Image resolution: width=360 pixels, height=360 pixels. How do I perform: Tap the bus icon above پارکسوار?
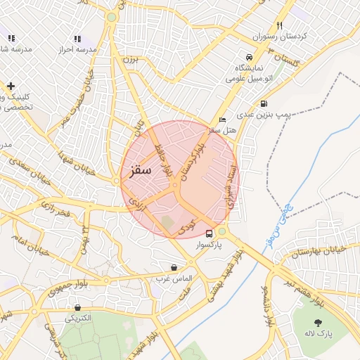point(209,233)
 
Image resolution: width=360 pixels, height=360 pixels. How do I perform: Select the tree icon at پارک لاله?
point(319,323)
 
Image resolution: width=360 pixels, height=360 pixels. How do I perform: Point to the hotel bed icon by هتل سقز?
point(223,120)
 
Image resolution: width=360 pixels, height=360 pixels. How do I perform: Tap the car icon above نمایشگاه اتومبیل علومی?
point(249,57)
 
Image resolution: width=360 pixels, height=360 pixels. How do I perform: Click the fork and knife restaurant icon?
point(279,26)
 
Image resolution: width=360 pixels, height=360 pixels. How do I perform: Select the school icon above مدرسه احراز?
point(77,39)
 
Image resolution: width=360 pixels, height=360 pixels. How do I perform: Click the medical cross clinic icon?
point(10,86)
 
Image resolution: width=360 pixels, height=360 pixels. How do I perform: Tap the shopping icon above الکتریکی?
point(77,307)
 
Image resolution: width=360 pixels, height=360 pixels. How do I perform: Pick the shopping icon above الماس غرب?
point(174,267)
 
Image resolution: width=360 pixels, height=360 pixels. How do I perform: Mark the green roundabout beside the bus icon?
point(222,231)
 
